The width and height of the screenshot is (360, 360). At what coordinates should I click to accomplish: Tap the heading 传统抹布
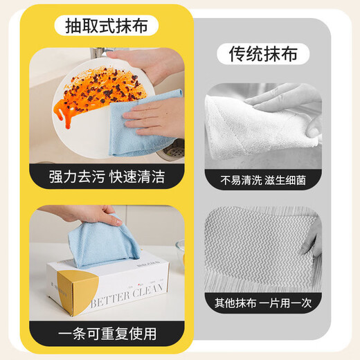tap(263, 54)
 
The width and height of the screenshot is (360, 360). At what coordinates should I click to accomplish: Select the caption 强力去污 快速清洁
tap(107, 177)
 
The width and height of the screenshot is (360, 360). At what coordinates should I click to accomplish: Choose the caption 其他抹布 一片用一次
tap(263, 302)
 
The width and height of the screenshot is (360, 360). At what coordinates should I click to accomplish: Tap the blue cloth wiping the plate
tap(142, 125)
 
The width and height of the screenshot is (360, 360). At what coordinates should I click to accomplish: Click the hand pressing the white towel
tap(287, 97)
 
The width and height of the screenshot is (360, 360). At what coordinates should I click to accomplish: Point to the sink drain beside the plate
tap(174, 147)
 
